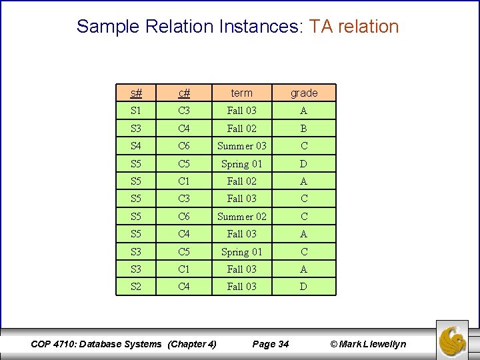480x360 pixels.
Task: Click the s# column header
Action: pyautogui.click(x=136, y=93)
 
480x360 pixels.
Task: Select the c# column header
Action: pyautogui.click(x=184, y=93)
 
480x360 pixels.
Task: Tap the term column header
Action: pyautogui.click(x=241, y=93)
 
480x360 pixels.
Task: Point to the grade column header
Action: pyautogui.click(x=304, y=93)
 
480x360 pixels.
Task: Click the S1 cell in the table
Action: pyautogui.click(x=136, y=111)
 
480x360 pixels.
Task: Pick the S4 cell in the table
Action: pyautogui.click(x=136, y=146)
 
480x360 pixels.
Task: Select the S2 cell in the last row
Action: pyautogui.click(x=136, y=287)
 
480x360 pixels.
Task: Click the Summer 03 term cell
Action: pyautogui.click(x=241, y=146)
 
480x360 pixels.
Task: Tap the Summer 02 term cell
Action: pyautogui.click(x=241, y=217)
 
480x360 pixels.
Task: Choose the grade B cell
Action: pyautogui.click(x=304, y=129)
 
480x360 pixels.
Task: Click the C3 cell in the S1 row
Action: pyautogui.click(x=184, y=111)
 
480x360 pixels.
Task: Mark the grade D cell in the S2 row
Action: pyautogui.click(x=304, y=287)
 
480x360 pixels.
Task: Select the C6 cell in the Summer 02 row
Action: pyautogui.click(x=184, y=217)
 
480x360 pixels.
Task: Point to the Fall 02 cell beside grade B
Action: pyautogui.click(x=241, y=129)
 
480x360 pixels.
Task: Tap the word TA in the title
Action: pyautogui.click(x=321, y=27)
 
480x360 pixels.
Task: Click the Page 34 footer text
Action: pyautogui.click(x=271, y=344)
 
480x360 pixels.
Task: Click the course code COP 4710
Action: pyautogui.click(x=54, y=344)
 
